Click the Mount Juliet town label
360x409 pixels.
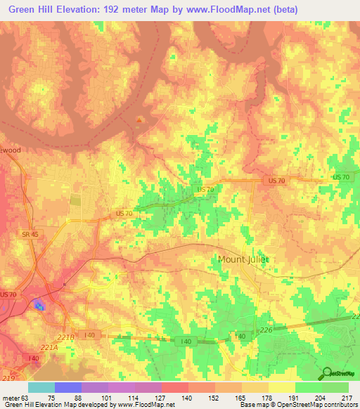(x=243, y=259)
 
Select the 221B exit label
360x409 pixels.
(x=65, y=339)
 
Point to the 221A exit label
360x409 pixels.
(x=49, y=347)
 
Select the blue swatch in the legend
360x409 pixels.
(x=67, y=387)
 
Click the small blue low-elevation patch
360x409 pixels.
(x=38, y=305)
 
